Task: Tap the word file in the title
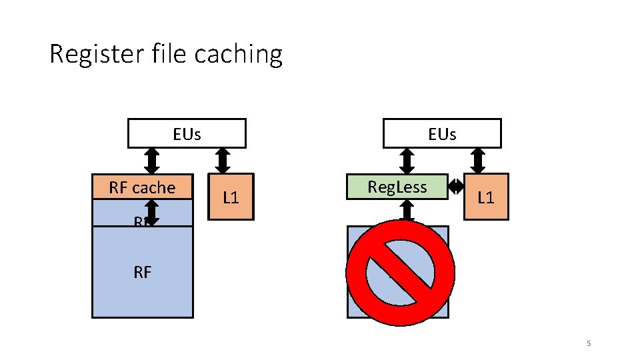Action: click(164, 53)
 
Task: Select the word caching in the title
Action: click(238, 54)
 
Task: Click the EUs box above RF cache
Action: click(187, 133)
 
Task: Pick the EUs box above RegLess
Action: click(441, 133)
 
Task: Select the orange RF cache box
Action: click(142, 187)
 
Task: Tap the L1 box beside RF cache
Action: click(231, 197)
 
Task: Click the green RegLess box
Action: click(397, 187)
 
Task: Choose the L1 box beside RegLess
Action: click(485, 197)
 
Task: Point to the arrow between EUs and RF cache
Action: click(152, 161)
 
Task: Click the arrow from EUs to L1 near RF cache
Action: click(223, 161)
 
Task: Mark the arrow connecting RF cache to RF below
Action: click(152, 212)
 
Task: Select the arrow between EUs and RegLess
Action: click(407, 161)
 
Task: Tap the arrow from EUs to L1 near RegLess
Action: click(478, 161)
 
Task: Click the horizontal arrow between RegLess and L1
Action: click(455, 187)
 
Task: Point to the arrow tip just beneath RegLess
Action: click(407, 221)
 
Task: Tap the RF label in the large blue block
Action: click(142, 271)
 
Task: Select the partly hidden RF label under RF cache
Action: click(139, 223)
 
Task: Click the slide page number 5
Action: click(589, 343)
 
